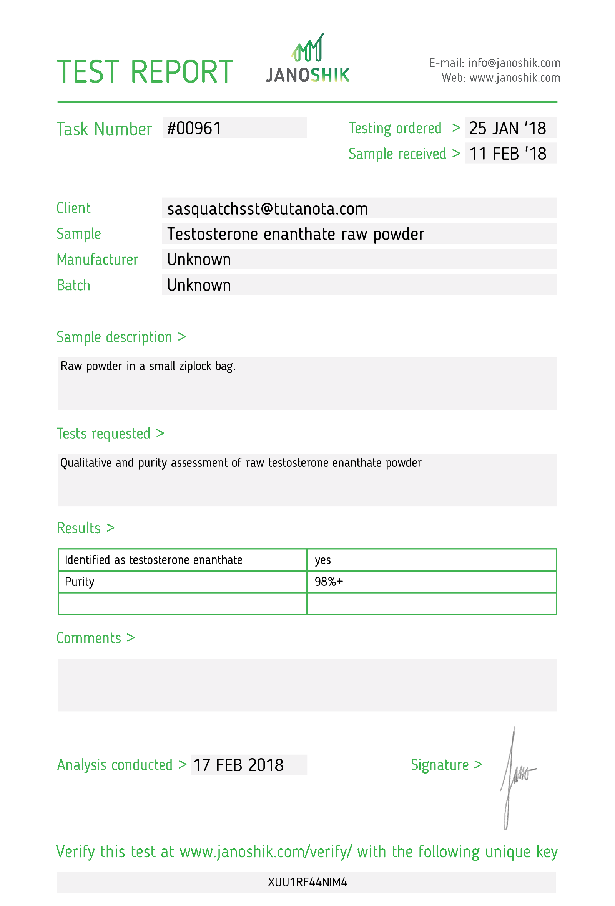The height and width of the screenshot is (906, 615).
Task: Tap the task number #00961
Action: tap(194, 128)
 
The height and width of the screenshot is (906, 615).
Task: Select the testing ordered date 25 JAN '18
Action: tap(507, 128)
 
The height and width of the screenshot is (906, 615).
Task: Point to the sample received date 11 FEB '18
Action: tap(507, 154)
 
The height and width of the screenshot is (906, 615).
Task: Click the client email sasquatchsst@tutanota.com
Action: tap(267, 209)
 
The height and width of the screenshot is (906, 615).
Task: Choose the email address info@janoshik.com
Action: tap(514, 63)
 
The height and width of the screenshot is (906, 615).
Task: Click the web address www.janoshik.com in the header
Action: tap(514, 78)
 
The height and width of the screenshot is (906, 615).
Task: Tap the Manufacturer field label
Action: tap(97, 260)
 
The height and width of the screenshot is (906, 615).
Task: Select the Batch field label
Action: tap(73, 285)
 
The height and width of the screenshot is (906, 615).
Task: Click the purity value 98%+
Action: tap(329, 581)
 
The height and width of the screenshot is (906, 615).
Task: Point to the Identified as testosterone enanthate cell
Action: tap(153, 560)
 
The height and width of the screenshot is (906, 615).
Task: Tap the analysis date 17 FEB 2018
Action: tap(238, 765)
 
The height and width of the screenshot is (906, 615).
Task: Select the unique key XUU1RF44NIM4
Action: tap(307, 882)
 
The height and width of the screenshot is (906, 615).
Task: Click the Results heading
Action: tap(79, 528)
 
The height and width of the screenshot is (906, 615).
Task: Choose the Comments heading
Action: tap(89, 638)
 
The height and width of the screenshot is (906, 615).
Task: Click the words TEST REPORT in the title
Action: tap(145, 72)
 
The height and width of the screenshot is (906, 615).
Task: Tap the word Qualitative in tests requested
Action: tap(86, 463)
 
